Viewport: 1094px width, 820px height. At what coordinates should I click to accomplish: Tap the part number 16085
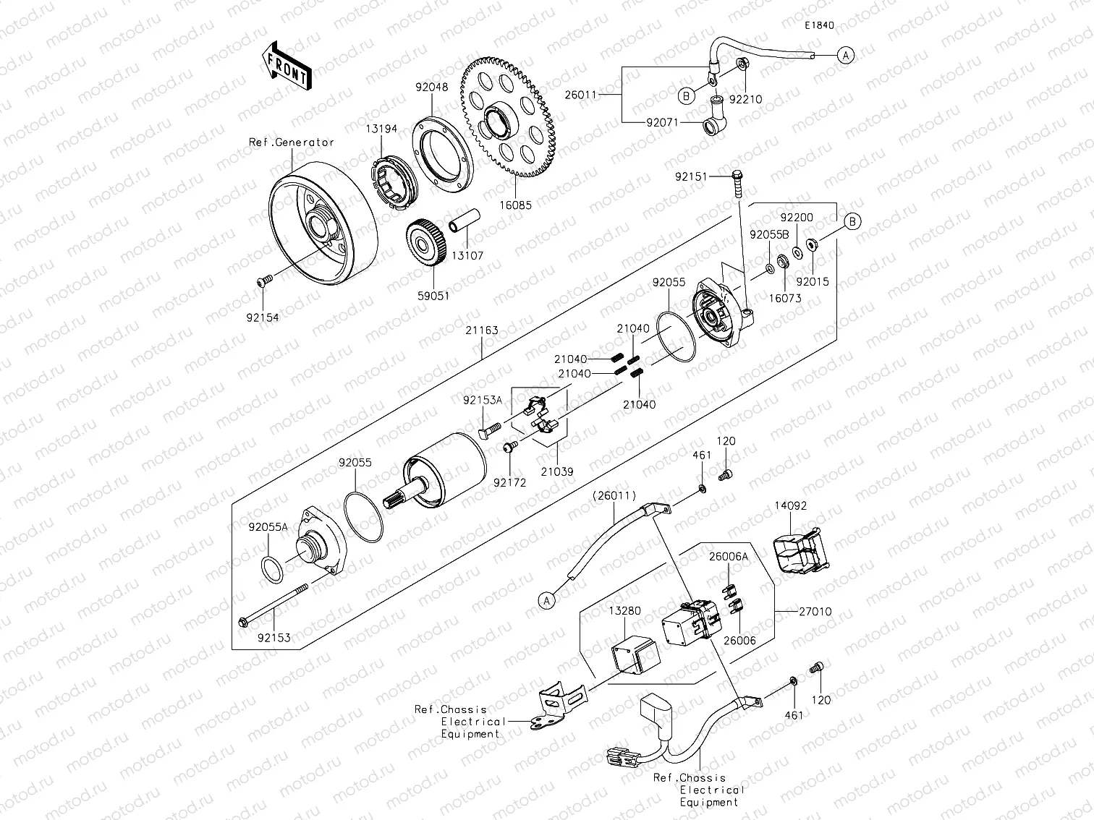pos(515,205)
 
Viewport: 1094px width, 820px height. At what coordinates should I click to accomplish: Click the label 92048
pos(431,87)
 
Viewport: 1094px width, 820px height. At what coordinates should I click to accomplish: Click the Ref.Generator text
pos(292,142)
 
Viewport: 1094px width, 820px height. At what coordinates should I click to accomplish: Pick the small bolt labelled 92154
pos(265,281)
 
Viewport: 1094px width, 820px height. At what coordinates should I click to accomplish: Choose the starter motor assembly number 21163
pos(482,330)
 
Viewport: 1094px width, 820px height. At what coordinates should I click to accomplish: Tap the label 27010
pos(815,612)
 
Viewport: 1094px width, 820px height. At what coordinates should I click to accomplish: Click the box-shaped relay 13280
pos(636,654)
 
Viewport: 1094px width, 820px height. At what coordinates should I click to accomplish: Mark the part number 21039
pos(556,471)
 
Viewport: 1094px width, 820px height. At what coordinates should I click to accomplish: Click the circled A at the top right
pos(846,54)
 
